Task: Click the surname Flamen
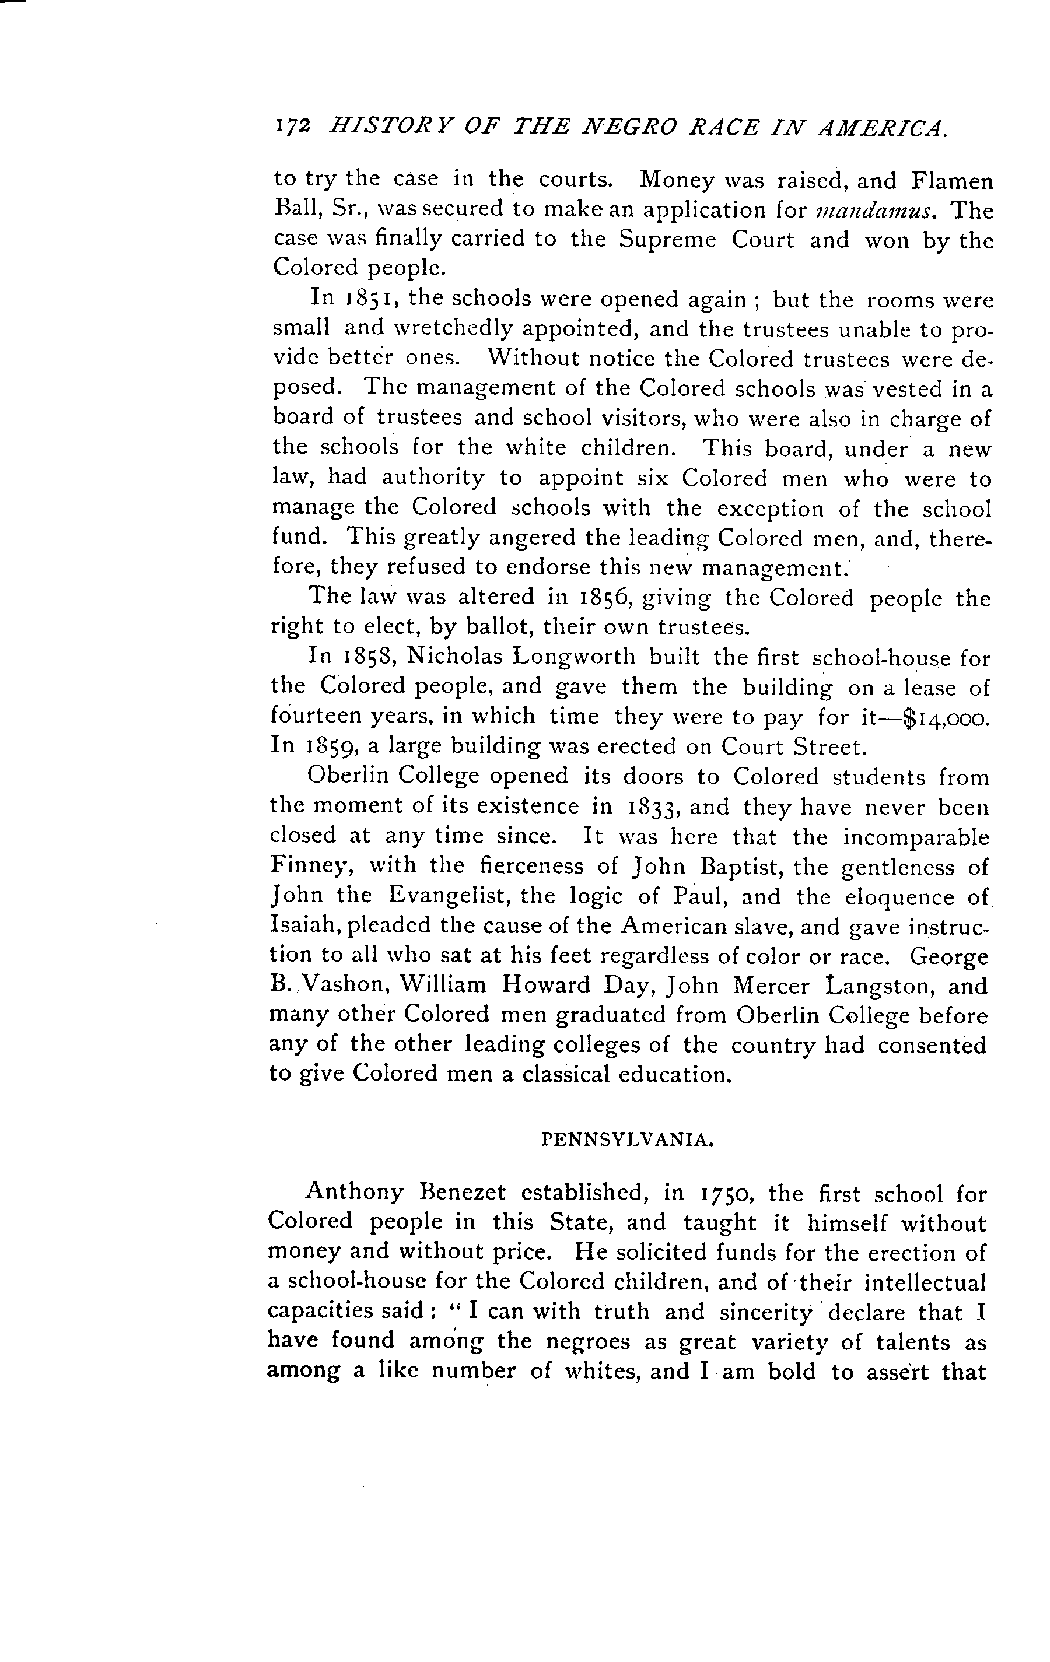coord(953,181)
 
